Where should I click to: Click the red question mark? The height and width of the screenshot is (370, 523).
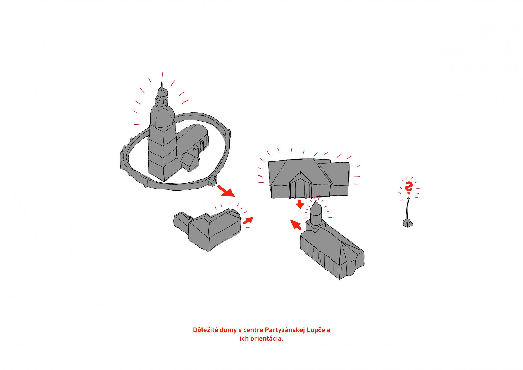click(409, 188)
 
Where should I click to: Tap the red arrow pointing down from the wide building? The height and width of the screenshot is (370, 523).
click(300, 204)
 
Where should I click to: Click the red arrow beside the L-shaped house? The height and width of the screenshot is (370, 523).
click(248, 220)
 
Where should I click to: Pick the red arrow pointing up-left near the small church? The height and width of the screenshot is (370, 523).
click(296, 225)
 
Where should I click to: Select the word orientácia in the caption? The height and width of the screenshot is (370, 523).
click(267, 339)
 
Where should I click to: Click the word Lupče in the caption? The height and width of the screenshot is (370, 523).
click(316, 330)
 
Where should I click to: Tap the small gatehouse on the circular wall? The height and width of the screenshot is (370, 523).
click(213, 181)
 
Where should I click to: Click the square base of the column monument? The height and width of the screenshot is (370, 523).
click(408, 223)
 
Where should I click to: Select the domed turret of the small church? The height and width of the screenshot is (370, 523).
click(316, 214)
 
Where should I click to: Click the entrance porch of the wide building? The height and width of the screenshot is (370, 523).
click(300, 185)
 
